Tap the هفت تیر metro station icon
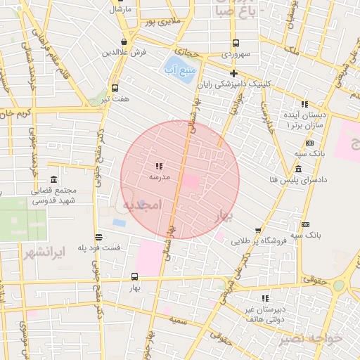115,89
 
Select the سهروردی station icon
235,42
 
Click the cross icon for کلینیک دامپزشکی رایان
234,73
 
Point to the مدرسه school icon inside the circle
159,167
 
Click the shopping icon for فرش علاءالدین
124,41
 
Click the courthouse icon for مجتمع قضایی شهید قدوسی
54,179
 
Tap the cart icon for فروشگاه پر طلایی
258,231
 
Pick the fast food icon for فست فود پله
98,237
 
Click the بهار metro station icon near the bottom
134,277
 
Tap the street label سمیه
176,319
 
